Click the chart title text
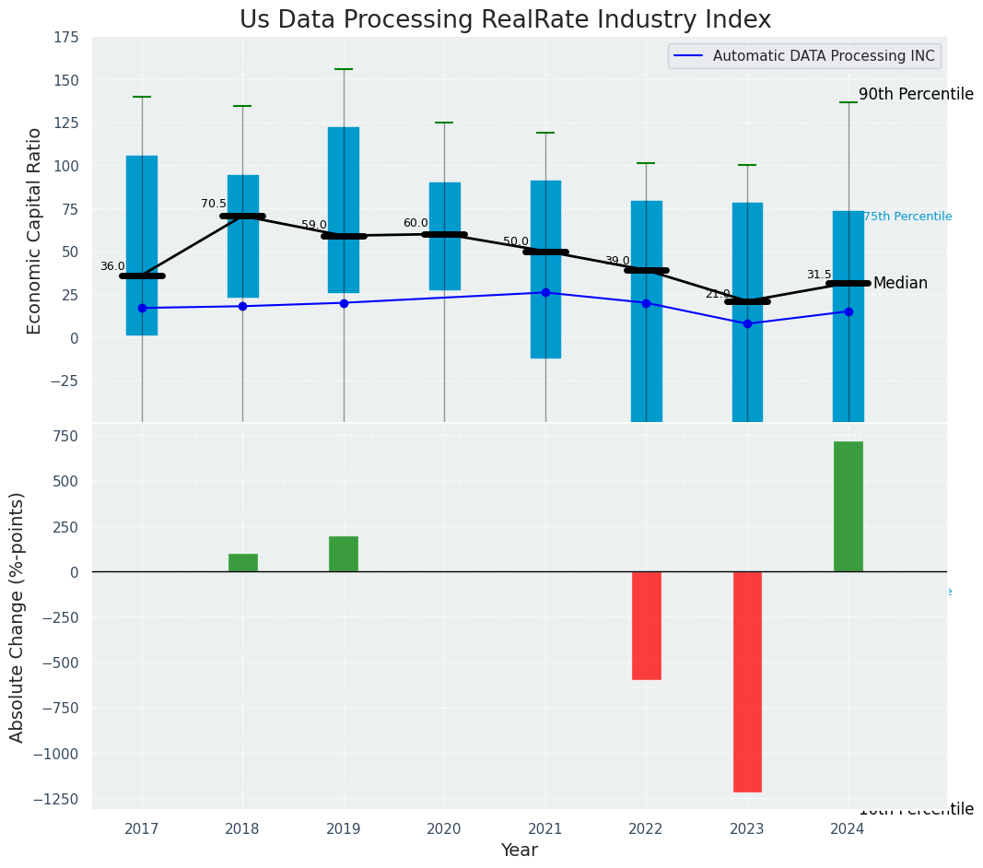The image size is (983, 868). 505,20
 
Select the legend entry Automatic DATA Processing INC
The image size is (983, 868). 824,56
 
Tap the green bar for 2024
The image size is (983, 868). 848,507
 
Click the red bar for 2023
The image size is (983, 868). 747,681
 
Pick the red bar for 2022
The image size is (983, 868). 646,625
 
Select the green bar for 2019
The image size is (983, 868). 344,554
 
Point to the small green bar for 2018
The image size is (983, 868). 242,562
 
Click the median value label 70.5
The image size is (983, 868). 214,204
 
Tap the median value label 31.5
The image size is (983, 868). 819,275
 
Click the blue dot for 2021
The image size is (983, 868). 545,292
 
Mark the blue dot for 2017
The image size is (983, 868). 142,308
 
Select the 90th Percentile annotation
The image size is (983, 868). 916,94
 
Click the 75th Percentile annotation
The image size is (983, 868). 907,217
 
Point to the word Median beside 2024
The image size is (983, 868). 900,283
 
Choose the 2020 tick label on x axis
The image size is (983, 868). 444,829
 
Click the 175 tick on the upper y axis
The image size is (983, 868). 65,38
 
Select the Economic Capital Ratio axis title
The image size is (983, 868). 35,230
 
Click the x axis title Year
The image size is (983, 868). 519,850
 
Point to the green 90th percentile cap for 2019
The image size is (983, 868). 344,69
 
